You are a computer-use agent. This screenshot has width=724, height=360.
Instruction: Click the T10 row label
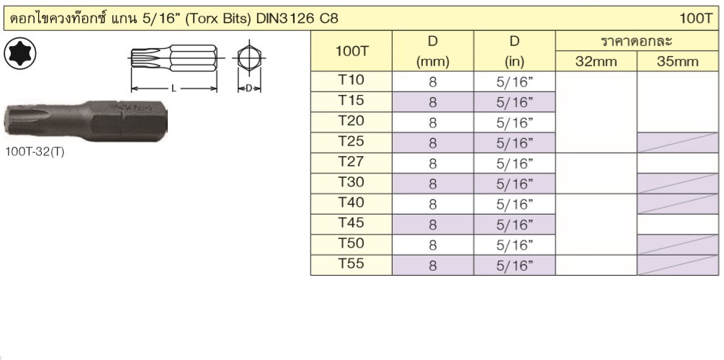(x=351, y=81)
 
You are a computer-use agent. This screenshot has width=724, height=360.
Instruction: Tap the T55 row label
(x=351, y=264)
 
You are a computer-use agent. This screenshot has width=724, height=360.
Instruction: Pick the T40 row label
(x=351, y=202)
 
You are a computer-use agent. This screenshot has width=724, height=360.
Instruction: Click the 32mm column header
(x=596, y=62)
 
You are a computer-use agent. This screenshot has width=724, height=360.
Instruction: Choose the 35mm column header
(x=678, y=62)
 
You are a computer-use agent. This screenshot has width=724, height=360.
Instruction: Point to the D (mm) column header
(x=433, y=51)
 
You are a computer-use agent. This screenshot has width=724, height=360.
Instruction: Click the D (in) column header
(x=514, y=51)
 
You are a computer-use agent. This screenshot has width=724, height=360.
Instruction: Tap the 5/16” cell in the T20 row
(x=514, y=123)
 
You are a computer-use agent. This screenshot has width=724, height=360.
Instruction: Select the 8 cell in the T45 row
(x=433, y=225)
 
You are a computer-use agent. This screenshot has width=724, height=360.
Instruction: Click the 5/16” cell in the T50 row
(x=514, y=245)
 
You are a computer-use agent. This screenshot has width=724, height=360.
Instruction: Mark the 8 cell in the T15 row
(x=433, y=102)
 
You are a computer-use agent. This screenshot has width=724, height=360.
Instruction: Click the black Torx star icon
(x=20, y=54)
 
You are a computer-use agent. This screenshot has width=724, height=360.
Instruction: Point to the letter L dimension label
(x=174, y=88)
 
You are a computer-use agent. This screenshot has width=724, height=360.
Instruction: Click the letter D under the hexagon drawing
(x=249, y=88)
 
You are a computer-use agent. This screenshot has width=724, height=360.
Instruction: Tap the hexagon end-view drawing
(x=249, y=58)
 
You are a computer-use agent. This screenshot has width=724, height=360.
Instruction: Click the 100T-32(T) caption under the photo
(x=35, y=153)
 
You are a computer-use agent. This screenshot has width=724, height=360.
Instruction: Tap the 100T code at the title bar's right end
(x=697, y=19)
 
